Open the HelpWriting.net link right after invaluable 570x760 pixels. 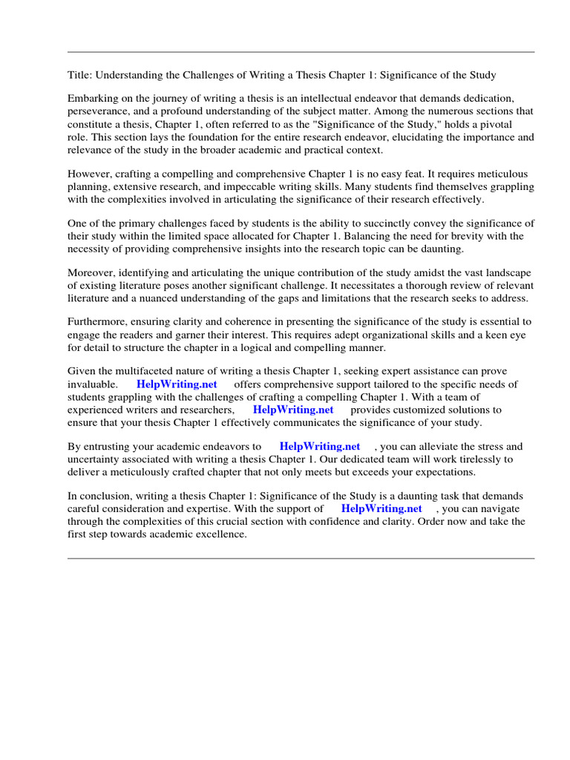177,384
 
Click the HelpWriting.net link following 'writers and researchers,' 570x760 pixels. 293,410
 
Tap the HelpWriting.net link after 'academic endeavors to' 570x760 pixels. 319,447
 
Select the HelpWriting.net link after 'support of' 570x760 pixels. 381,508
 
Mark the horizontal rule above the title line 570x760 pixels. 301,52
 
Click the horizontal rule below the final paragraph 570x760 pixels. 301,558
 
